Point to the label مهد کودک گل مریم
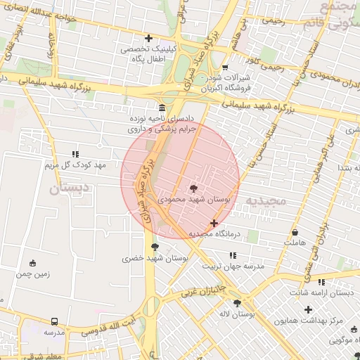tap(75, 165)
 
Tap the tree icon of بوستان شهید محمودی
tap(193, 188)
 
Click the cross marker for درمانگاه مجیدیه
tap(214, 223)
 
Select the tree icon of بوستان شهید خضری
tap(154, 247)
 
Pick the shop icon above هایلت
tap(295, 232)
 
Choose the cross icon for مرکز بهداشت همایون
tap(307, 309)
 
